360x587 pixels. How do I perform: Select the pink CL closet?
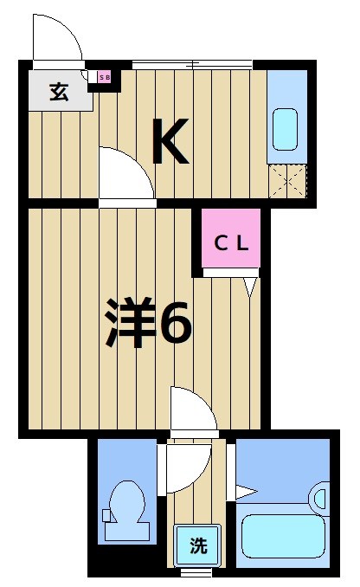[x=231, y=242]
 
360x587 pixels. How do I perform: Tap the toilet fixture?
[x=127, y=511]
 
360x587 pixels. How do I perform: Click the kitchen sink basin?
[x=286, y=128]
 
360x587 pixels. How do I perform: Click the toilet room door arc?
[x=184, y=468]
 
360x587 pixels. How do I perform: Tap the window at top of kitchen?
[x=191, y=63]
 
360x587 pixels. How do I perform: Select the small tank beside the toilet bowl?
[x=106, y=516]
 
